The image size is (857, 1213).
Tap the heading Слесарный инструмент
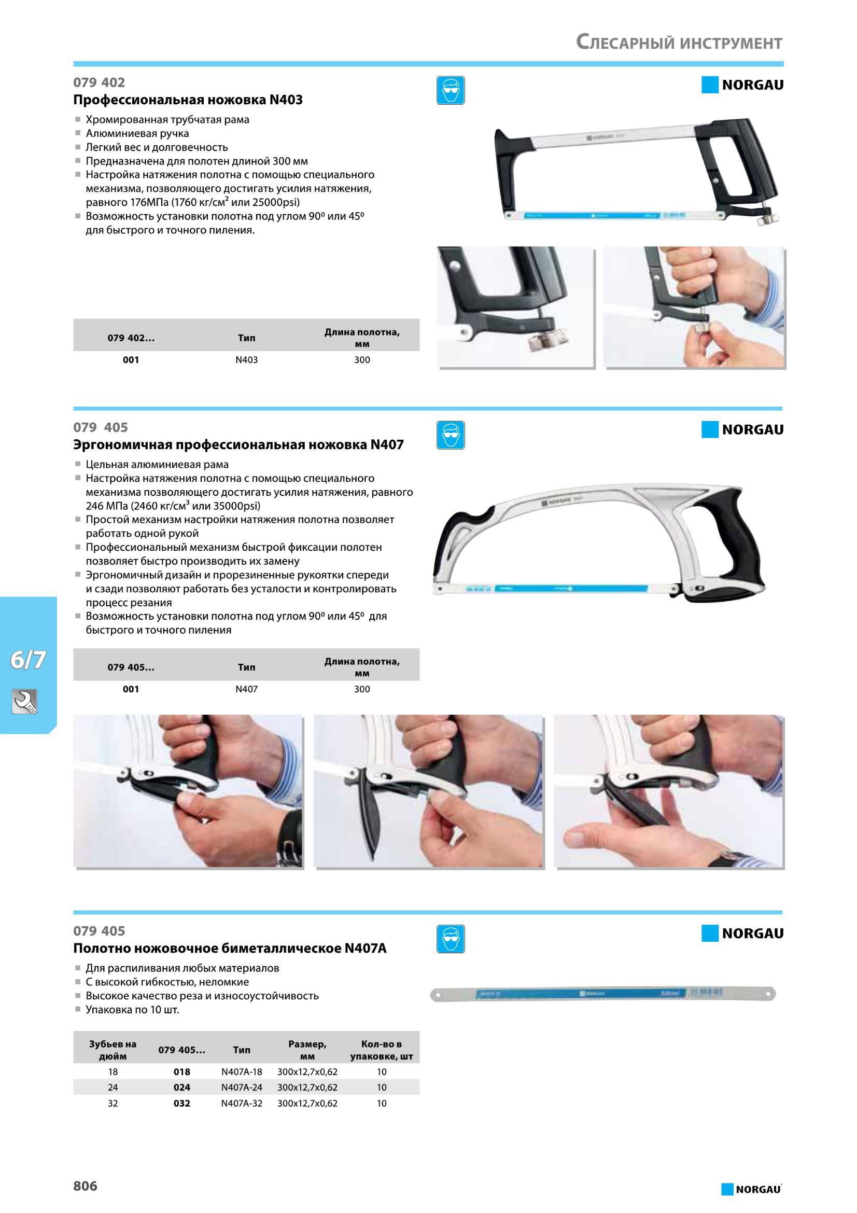tap(679, 41)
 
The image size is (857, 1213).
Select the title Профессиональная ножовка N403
tap(188, 100)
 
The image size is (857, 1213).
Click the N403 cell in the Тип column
tap(246, 360)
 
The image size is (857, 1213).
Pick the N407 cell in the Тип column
tap(246, 689)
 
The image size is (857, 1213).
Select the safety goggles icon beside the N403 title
tap(451, 90)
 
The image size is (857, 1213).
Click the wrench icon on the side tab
tap(24, 702)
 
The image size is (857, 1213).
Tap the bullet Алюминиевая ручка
tap(137, 133)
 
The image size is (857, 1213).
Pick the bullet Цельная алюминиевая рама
tap(158, 464)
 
